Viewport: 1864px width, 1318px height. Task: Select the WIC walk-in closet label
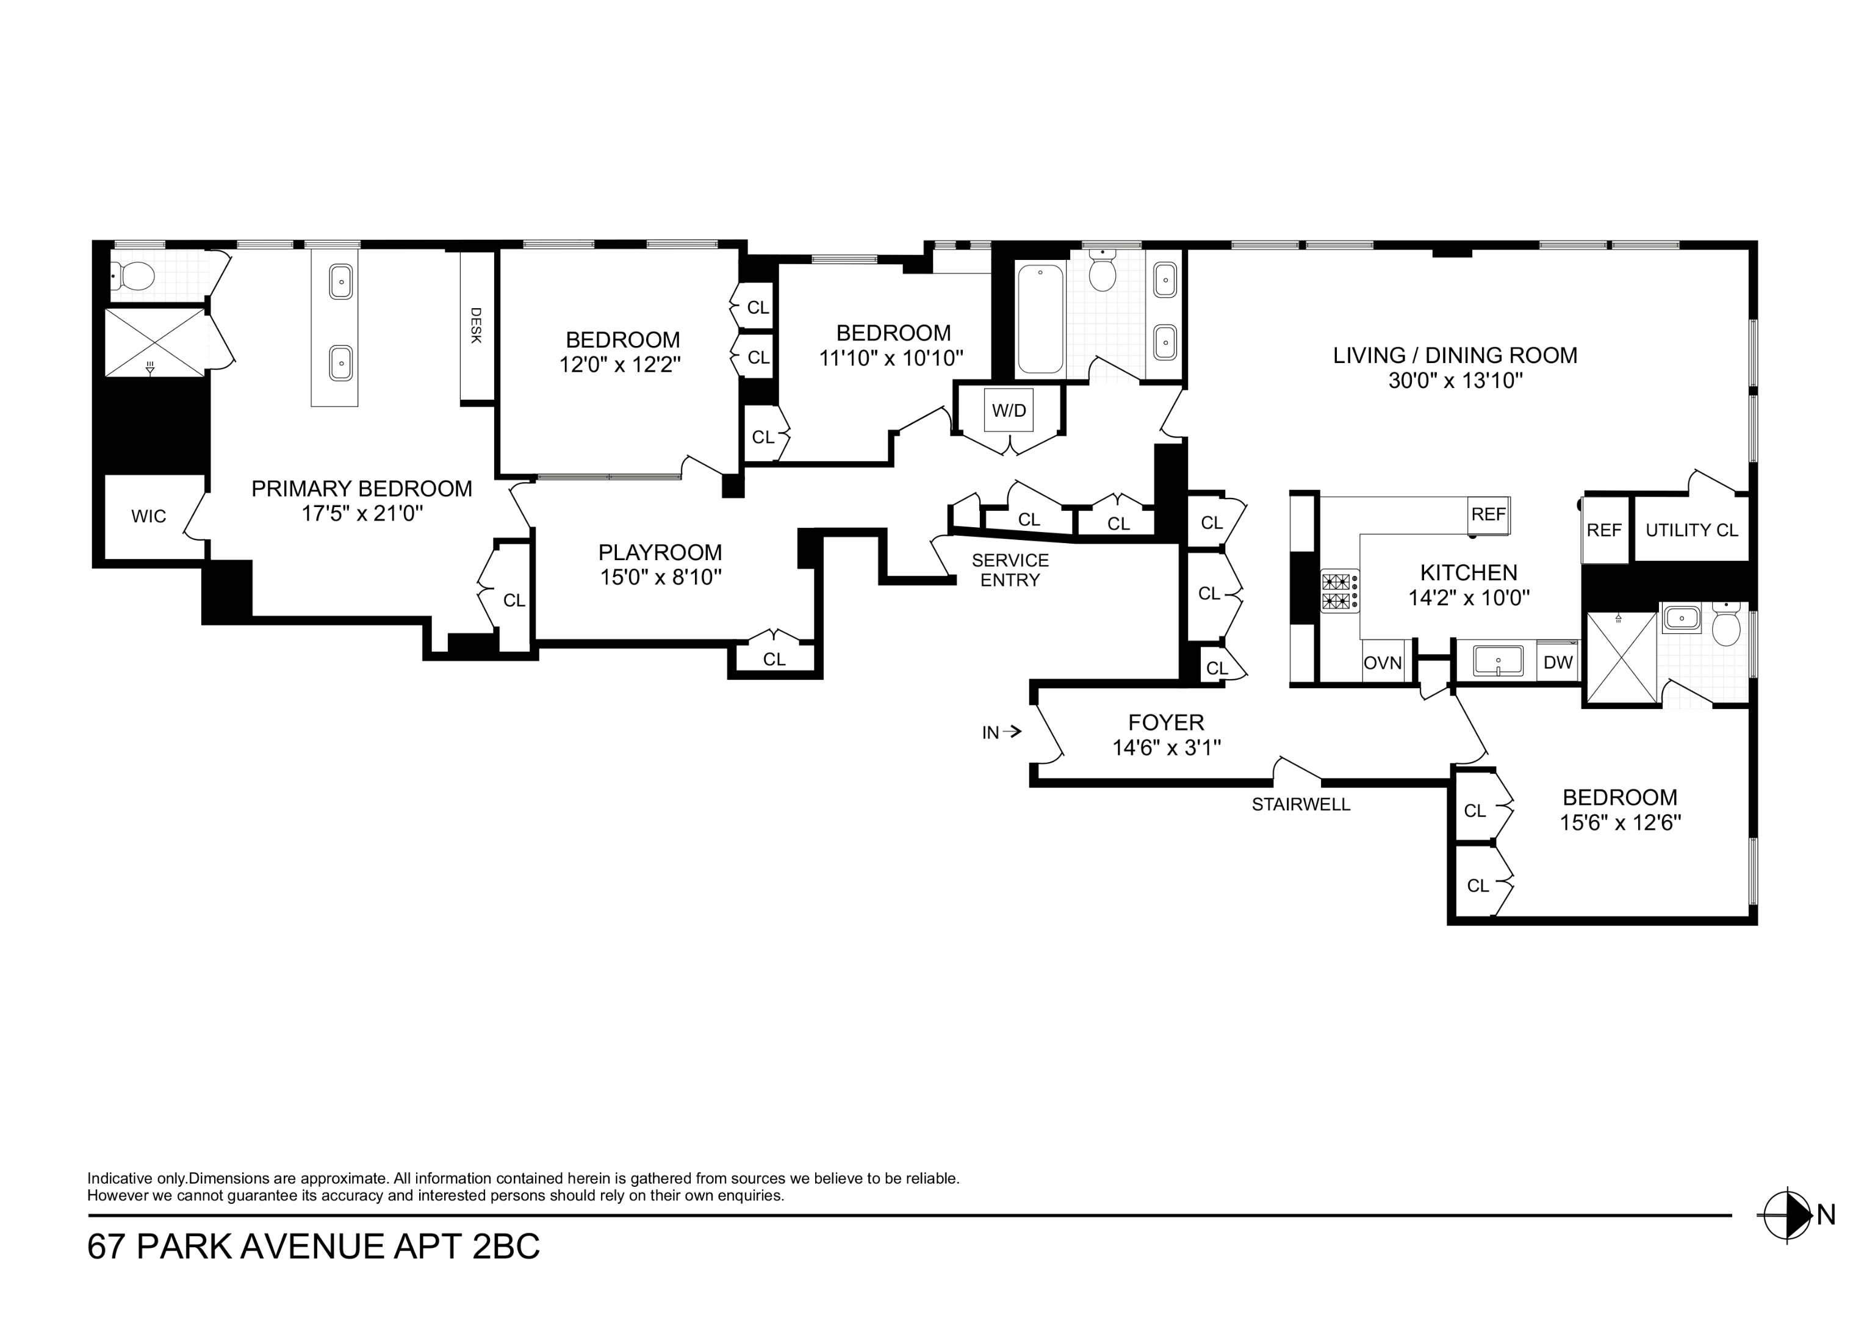point(148,516)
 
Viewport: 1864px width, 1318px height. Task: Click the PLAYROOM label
point(660,552)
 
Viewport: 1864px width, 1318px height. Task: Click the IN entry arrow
point(1001,732)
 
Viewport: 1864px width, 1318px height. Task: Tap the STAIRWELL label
point(1301,805)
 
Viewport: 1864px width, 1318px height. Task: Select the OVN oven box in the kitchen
point(1383,663)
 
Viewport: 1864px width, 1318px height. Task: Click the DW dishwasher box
point(1558,663)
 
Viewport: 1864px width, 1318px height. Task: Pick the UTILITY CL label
point(1692,530)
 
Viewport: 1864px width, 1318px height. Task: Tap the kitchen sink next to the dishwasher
point(1498,661)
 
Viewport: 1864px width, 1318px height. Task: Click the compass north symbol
point(1788,1215)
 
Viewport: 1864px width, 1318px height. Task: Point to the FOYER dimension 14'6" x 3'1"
point(1166,748)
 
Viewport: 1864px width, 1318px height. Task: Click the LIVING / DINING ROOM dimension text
point(1455,381)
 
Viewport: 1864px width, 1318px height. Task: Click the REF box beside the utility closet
point(1603,530)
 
